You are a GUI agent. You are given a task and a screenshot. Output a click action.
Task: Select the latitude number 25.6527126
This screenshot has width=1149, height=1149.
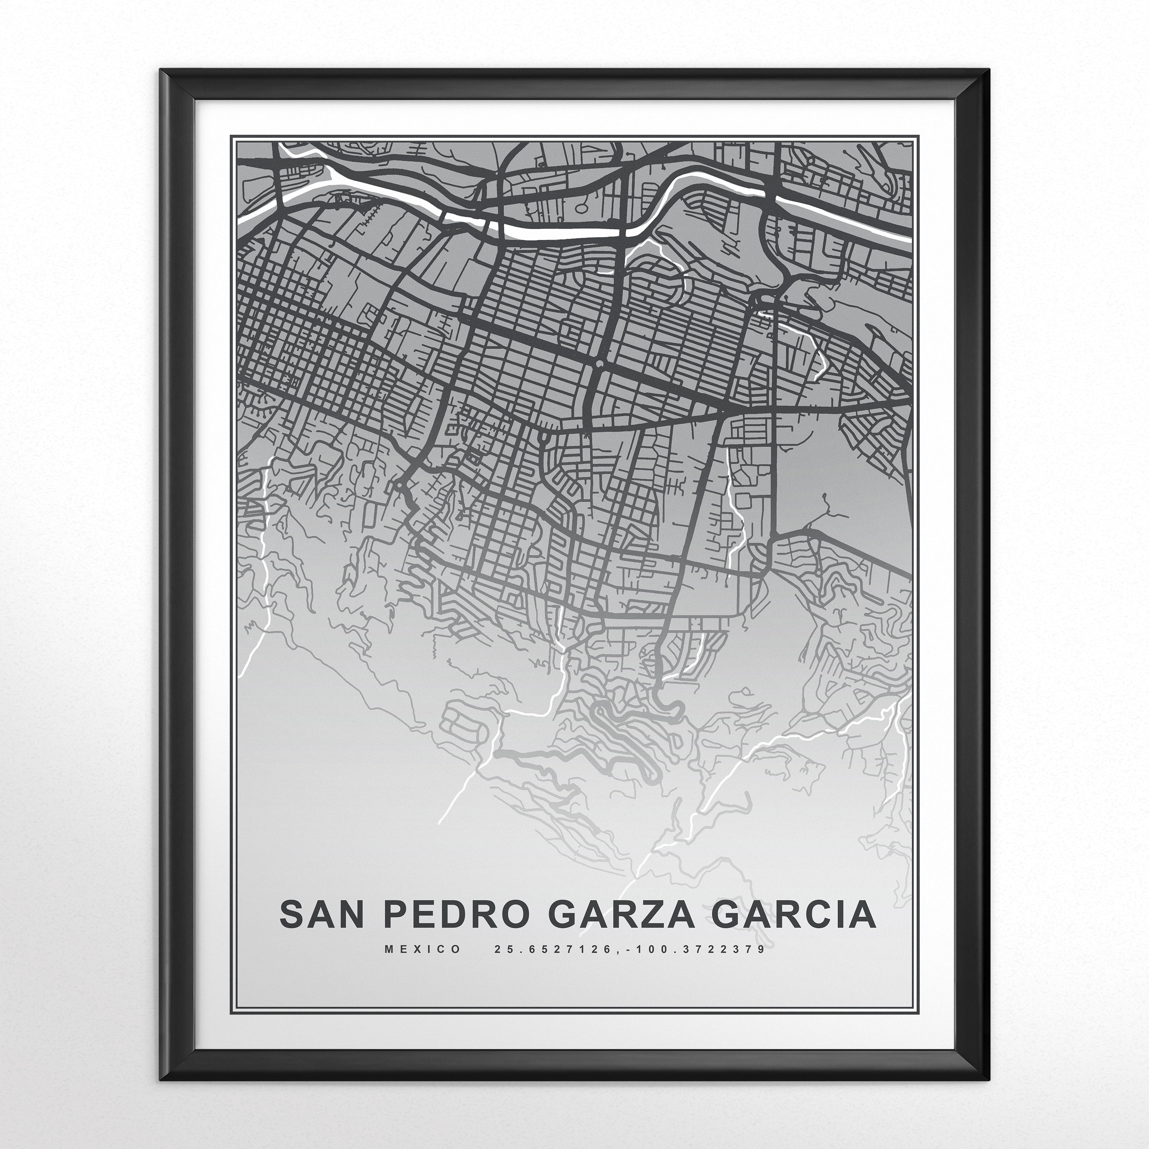552,966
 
